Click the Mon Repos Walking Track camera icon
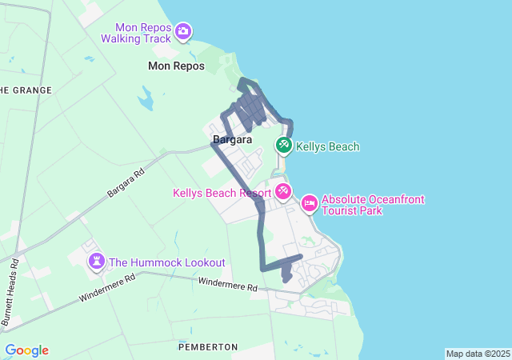183,31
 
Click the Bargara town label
232,140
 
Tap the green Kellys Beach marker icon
283,146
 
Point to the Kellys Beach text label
327,146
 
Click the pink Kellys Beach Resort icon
283,191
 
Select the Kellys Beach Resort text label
222,193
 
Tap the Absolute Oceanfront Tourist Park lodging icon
310,204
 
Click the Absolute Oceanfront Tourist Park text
373,205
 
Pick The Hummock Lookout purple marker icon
97,261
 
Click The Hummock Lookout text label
167,262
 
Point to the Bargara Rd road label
126,183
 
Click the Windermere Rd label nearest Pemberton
227,283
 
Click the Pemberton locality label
209,346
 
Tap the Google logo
26,350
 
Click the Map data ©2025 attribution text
478,354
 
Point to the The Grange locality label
26,90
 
